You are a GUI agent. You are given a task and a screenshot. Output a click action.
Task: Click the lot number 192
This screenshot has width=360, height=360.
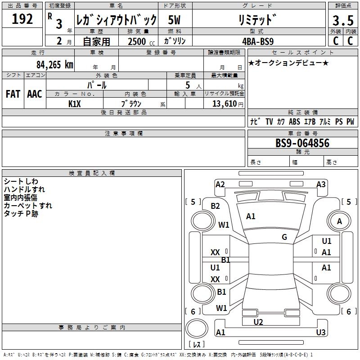[x=22, y=19]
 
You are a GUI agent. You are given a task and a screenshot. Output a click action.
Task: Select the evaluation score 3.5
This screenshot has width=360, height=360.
[x=342, y=20]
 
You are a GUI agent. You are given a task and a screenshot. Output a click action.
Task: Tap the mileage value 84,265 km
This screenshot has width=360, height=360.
[x=54, y=64]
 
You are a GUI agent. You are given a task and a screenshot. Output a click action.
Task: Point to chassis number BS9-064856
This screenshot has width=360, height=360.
[x=302, y=144]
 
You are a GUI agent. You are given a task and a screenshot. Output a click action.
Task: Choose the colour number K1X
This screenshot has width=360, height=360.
[x=75, y=103]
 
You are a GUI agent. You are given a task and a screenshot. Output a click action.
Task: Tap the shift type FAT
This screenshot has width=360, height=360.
[x=13, y=94]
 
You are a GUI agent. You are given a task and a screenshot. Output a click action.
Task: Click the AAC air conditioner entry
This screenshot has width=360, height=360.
[x=34, y=94]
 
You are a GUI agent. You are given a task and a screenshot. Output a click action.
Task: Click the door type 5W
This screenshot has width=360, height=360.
[x=175, y=20]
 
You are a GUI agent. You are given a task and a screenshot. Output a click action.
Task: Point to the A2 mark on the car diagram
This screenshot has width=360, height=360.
[x=220, y=184]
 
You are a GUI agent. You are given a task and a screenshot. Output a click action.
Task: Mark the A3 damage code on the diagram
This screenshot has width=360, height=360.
[x=321, y=184]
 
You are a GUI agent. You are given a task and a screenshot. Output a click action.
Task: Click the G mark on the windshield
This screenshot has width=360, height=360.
[x=284, y=237]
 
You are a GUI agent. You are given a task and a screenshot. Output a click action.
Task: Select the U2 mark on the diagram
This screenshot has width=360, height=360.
[x=258, y=322]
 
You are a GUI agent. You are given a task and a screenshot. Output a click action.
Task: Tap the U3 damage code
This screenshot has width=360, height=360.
[x=321, y=333]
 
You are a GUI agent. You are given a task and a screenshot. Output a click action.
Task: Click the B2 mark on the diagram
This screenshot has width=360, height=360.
[x=216, y=206]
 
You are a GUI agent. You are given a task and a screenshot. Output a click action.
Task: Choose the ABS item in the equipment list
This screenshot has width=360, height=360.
[x=294, y=121]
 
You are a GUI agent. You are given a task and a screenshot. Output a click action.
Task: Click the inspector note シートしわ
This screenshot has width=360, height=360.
[x=21, y=181]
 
